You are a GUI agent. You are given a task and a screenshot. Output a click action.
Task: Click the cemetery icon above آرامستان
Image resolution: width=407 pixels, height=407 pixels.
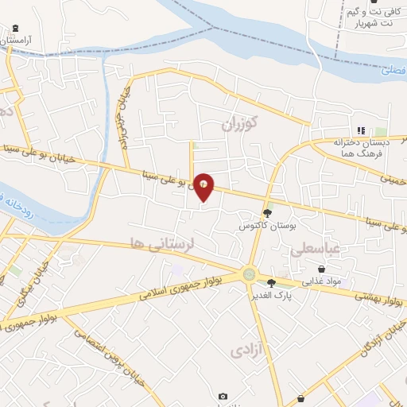pos(16,28)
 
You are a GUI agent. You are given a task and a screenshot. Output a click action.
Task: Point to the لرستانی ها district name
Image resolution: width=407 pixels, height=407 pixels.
pos(165,245)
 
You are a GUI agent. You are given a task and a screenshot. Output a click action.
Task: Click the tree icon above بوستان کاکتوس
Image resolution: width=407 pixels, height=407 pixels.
pos(269,213)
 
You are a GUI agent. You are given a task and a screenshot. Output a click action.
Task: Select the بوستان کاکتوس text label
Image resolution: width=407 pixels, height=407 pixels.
pos(268,226)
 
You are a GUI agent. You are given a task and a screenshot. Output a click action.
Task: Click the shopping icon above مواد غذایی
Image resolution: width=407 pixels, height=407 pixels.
pos(321,269)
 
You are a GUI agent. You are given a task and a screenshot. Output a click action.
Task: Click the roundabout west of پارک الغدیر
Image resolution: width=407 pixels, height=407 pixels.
pos(250,274)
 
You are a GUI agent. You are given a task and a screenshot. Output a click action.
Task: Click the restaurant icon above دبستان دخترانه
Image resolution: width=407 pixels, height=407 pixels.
pos(360,130)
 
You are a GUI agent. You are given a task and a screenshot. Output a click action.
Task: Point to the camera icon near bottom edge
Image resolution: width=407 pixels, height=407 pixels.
pos(223,396)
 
